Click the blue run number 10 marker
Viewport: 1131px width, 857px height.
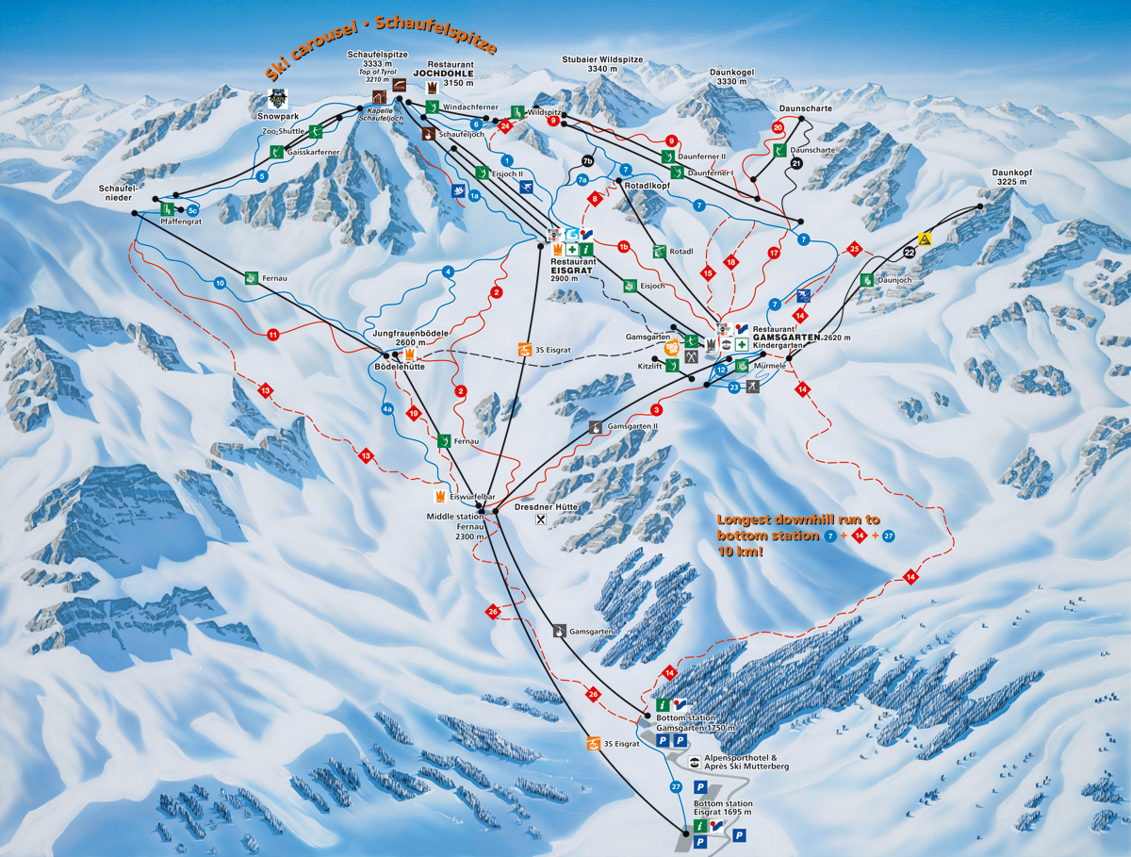tap(220, 283)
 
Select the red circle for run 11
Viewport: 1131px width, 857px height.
tap(273, 334)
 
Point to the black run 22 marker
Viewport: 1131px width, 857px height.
tap(909, 253)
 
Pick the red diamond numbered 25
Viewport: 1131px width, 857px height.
tap(854, 249)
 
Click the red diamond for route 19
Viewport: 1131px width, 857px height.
tap(413, 412)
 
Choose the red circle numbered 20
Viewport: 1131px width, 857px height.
tap(778, 127)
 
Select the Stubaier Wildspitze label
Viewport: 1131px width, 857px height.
tap(602, 65)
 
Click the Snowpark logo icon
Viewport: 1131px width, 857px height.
tap(276, 97)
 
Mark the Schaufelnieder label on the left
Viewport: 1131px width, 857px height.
tap(119, 193)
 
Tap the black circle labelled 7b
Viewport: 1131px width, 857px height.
tap(588, 160)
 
